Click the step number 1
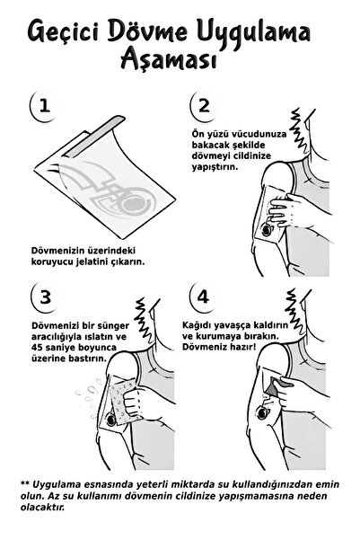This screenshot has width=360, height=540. click(44, 106)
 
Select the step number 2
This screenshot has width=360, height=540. click(205, 106)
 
